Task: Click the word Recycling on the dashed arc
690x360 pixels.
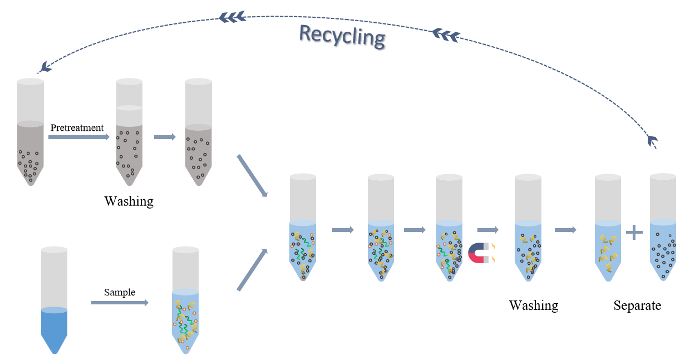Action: point(342,37)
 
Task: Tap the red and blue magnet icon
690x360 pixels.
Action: point(479,253)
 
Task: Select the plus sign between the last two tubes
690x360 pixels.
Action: point(634,231)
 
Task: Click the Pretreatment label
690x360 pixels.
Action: point(77,127)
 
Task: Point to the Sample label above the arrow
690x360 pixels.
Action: point(120,292)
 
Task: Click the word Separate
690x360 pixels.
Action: point(637,305)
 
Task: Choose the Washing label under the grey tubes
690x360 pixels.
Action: point(129,201)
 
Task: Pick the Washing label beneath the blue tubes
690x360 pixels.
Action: point(533,305)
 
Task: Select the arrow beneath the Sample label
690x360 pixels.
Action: point(120,303)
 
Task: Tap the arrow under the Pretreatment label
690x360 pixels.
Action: point(78,136)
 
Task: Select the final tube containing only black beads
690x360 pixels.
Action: point(663,228)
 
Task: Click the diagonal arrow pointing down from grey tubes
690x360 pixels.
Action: point(253,176)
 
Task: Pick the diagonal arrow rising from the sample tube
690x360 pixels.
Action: point(253,270)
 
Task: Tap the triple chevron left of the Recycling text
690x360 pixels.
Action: point(233,17)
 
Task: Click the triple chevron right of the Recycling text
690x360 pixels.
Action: point(446,35)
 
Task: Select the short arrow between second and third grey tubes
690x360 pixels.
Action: point(165,137)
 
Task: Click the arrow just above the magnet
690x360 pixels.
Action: point(487,229)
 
